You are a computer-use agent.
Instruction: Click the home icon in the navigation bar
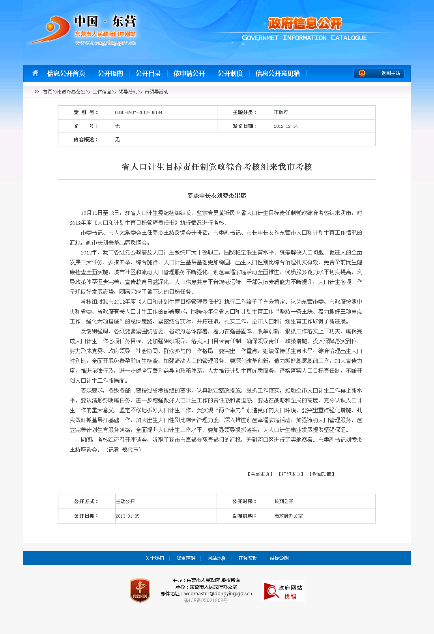coord(36,73)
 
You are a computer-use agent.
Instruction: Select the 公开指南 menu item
coord(110,73)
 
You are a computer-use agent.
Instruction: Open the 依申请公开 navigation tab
coord(189,73)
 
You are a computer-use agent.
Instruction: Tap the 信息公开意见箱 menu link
coord(277,73)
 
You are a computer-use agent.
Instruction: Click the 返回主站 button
coord(379,73)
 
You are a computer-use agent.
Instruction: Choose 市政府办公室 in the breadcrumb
coord(71,92)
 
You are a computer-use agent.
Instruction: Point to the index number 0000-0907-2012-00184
coord(139,113)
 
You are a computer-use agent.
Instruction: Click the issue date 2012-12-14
coord(286,127)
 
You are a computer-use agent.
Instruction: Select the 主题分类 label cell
coord(245,112)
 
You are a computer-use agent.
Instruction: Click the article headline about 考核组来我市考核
coord(217,167)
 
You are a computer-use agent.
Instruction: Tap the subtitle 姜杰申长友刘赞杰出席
coord(217,196)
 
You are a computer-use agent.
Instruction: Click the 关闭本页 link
coord(260,474)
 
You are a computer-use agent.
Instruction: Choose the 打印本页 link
coord(291,474)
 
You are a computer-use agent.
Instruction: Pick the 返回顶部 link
coord(322,474)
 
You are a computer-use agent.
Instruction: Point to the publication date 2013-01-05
coord(127,516)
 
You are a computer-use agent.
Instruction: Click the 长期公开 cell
coord(284,501)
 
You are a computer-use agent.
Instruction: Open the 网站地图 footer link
coord(217,558)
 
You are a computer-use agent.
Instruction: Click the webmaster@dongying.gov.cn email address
coord(218,593)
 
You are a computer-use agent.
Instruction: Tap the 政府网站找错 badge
coord(284,591)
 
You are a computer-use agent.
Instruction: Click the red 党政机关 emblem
coord(140,591)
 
